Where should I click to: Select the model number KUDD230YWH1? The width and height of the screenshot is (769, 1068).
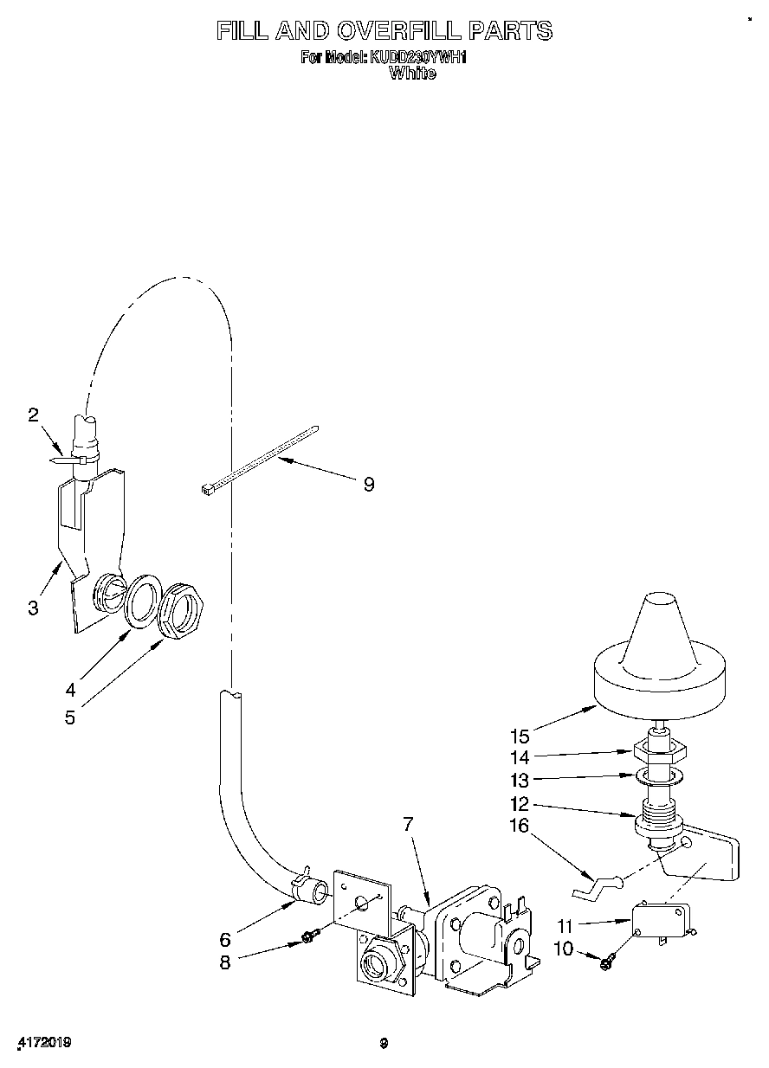pyautogui.click(x=419, y=58)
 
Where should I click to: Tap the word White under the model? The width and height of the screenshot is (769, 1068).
pyautogui.click(x=412, y=74)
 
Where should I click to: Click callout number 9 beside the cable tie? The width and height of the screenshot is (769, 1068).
pyautogui.click(x=369, y=485)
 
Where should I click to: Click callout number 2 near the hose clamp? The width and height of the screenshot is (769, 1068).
pyautogui.click(x=33, y=415)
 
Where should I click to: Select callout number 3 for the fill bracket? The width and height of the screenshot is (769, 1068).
pyautogui.click(x=33, y=608)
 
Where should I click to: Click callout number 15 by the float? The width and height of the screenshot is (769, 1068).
pyautogui.click(x=520, y=737)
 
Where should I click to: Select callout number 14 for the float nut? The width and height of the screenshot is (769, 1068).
pyautogui.click(x=520, y=758)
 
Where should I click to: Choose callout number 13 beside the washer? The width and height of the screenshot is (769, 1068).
pyautogui.click(x=520, y=781)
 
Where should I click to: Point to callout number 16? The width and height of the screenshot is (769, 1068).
pyautogui.click(x=520, y=826)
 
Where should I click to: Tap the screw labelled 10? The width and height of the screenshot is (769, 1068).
pyautogui.click(x=605, y=960)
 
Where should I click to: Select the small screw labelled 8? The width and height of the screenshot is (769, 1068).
pyautogui.click(x=308, y=936)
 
